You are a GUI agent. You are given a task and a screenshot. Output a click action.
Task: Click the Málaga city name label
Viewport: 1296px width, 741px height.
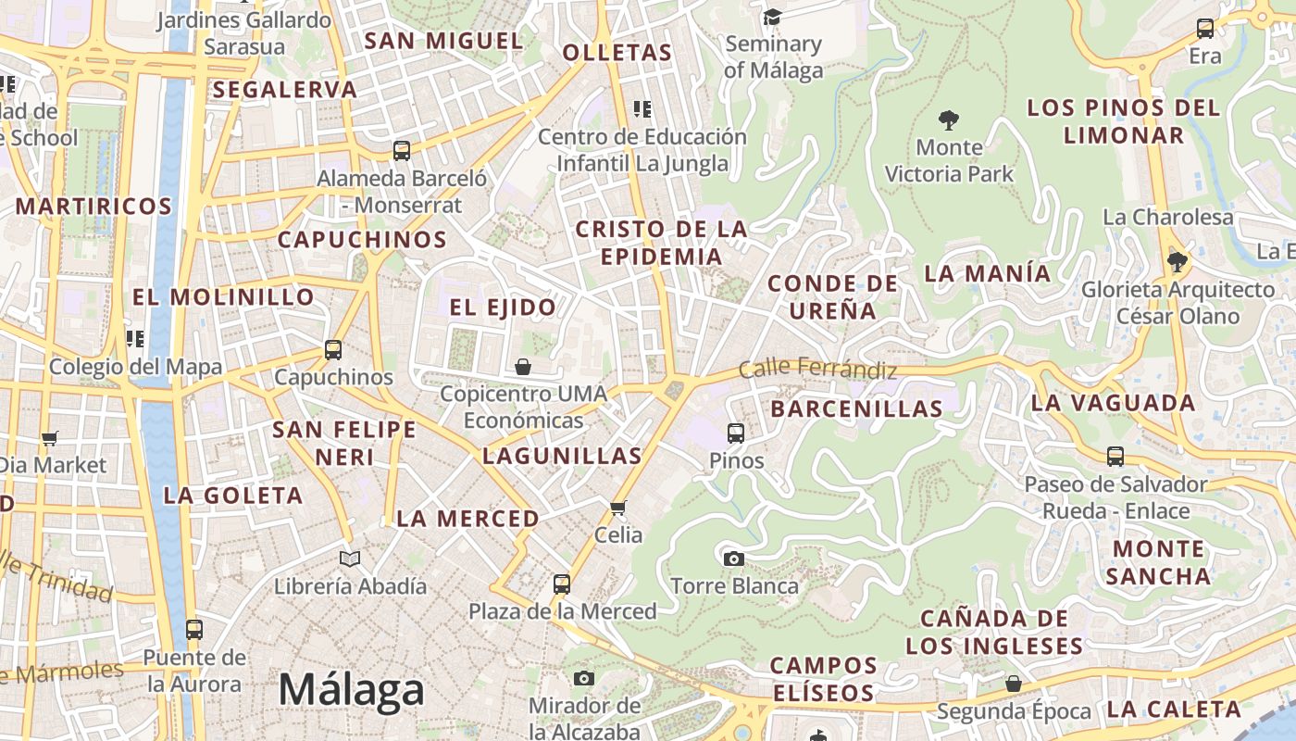tap(351, 690)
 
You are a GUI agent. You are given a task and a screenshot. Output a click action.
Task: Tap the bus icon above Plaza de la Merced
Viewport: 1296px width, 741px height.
tap(562, 584)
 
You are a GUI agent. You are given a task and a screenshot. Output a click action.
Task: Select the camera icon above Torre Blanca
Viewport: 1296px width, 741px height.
tap(733, 559)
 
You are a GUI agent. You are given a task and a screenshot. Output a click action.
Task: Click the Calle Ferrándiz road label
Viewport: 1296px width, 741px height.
tap(817, 369)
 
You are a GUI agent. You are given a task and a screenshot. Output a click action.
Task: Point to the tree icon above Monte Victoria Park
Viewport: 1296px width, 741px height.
tap(948, 119)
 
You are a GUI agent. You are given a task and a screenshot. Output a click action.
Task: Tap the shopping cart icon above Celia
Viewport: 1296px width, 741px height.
tap(618, 508)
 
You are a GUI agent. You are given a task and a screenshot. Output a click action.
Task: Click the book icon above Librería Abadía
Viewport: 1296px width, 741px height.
tap(349, 559)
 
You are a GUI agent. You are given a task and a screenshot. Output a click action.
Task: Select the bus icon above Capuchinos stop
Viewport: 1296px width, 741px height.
tap(333, 350)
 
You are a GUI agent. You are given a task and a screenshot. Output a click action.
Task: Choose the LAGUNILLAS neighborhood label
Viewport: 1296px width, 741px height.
tap(562, 456)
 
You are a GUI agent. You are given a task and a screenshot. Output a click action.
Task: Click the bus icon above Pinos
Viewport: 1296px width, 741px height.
tap(736, 433)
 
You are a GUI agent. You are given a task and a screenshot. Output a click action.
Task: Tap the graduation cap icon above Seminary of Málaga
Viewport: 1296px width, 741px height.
tap(772, 17)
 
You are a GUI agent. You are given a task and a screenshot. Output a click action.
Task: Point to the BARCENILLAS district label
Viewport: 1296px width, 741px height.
tap(856, 408)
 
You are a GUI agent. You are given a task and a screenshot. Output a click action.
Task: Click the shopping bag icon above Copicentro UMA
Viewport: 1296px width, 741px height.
tap(523, 367)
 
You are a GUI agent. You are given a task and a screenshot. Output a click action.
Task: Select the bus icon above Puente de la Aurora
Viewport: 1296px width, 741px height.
tap(194, 630)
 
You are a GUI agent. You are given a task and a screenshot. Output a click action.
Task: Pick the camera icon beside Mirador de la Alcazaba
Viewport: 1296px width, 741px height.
tap(583, 679)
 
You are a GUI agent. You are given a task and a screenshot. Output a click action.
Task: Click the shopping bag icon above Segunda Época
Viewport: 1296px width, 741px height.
tap(1014, 684)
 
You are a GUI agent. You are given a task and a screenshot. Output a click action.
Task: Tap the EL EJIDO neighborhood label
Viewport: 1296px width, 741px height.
tap(504, 308)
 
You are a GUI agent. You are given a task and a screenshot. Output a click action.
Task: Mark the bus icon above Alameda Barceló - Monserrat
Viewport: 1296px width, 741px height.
tap(402, 151)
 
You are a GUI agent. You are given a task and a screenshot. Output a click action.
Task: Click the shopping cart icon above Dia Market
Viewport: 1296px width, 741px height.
tap(49, 438)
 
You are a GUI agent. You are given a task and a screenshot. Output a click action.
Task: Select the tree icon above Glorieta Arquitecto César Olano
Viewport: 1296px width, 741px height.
tap(1178, 262)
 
